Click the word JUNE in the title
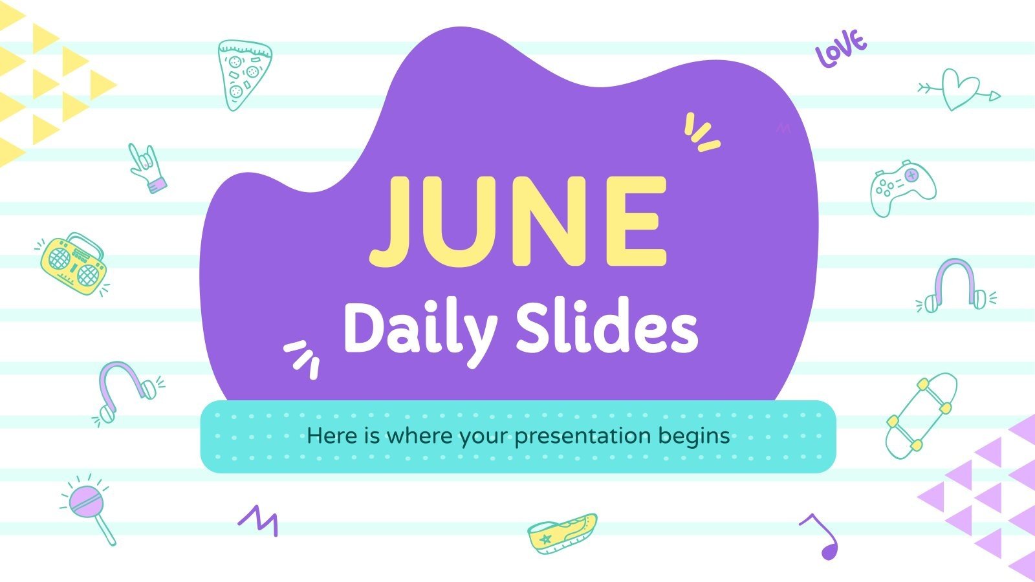[517, 221]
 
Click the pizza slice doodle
[243, 74]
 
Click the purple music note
[822, 536]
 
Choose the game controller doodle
[903, 189]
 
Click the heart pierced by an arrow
[959, 90]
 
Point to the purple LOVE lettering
[840, 48]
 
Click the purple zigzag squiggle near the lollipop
[258, 520]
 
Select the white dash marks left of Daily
[302, 358]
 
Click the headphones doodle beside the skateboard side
[957, 286]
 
